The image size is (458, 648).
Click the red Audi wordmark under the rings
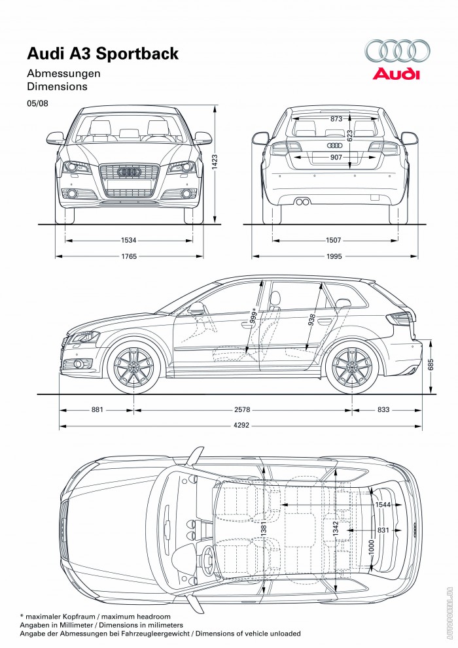point(396,74)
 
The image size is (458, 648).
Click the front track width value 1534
point(128,240)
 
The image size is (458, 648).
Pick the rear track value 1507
point(334,240)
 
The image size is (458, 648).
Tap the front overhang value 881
point(97,410)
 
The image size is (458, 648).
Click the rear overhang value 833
point(383,410)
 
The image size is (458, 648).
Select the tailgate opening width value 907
point(336,158)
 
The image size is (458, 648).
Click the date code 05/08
point(37,103)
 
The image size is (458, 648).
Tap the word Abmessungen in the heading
point(63,73)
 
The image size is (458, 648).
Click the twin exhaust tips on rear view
point(302,201)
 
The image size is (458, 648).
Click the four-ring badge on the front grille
point(128,171)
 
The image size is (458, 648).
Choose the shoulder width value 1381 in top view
point(263,536)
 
